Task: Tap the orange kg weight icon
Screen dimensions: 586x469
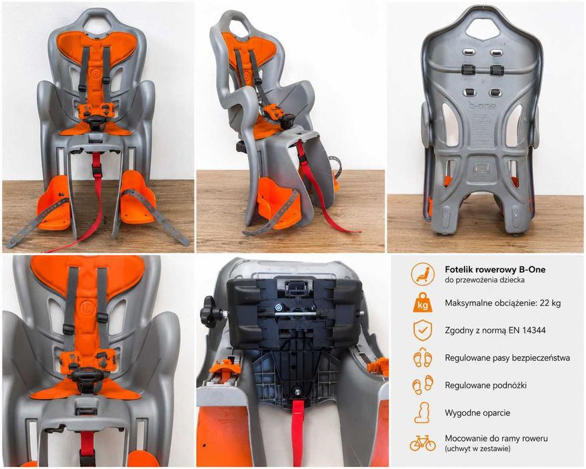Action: coord(422,303)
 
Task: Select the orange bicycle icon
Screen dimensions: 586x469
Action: coord(422,443)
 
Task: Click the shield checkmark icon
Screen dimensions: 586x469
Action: coord(422,330)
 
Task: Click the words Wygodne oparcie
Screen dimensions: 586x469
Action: coord(477,413)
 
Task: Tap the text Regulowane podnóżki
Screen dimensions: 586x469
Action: coord(485,385)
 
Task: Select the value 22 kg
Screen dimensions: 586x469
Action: coord(550,303)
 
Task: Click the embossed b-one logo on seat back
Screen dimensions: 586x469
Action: coord(481,106)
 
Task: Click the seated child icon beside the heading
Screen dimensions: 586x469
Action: coord(422,274)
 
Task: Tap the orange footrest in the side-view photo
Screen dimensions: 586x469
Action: coord(276,204)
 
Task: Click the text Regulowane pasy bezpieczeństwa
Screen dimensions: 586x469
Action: coord(507,358)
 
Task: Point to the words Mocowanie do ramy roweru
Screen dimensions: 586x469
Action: coord(496,438)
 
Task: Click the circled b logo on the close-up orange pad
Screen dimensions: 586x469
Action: coord(85,309)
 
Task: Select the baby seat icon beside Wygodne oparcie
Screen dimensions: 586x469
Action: coord(422,413)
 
